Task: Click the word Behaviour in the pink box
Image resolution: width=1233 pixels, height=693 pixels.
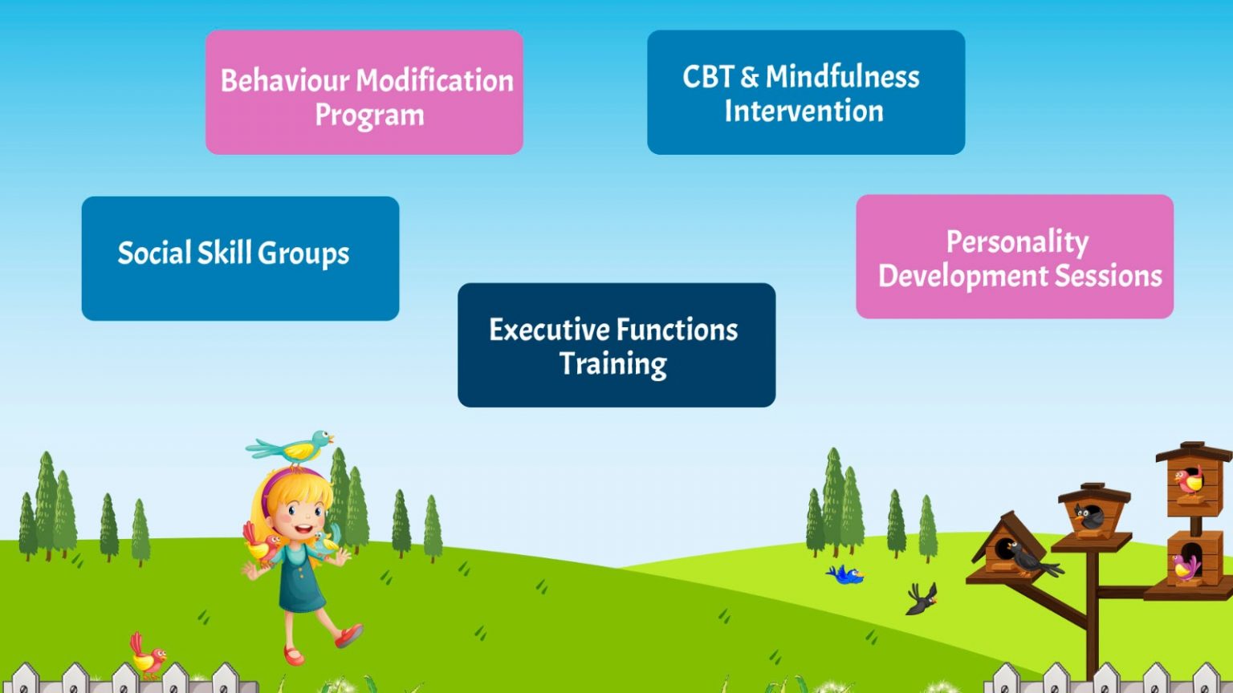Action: pos(285,80)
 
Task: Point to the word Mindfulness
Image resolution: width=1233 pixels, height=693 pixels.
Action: pos(842,76)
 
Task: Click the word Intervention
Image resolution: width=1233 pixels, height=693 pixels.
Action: pos(804,111)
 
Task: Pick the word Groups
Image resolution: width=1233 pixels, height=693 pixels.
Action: pos(303,254)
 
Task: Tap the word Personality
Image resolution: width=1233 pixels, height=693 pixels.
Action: pos(1017,242)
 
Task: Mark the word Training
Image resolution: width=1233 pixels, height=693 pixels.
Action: pos(612,365)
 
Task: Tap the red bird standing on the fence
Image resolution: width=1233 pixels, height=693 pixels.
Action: pos(148,655)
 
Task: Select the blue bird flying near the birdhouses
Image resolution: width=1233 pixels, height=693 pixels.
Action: pos(844,575)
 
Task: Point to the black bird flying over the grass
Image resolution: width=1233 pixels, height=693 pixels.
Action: pos(922,599)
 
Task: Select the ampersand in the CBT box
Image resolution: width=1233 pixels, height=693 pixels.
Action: pos(749,77)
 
